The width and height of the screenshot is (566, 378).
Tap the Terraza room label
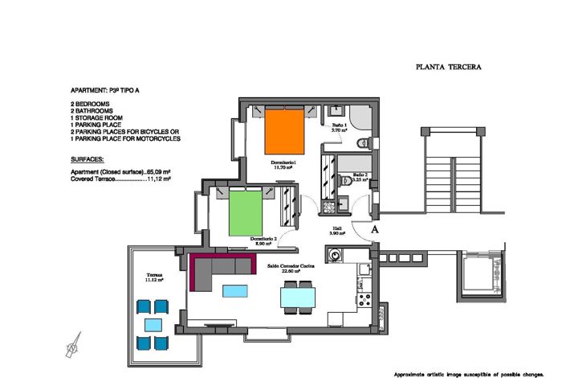[x=154, y=277]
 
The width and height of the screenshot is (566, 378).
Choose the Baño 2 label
[x=359, y=178]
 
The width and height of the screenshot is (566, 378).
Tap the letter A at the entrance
[x=375, y=229]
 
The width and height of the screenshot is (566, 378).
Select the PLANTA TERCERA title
[x=448, y=68]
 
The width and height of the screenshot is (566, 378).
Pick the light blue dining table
[x=298, y=298]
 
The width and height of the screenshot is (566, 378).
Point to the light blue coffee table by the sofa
[x=235, y=290]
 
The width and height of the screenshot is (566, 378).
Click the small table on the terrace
[x=153, y=325]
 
